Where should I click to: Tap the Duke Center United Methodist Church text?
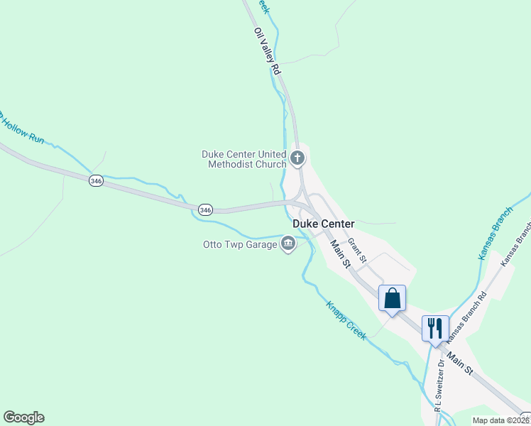243,159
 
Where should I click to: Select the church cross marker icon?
298,158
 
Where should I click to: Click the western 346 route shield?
97,181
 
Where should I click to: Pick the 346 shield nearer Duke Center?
205,209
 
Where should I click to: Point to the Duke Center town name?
323,224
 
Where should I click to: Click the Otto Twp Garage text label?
240,245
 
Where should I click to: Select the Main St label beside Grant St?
341,253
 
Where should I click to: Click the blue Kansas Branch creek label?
495,234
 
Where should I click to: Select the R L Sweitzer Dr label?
439,384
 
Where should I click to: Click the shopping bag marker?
392,298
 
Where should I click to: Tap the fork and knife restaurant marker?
434,328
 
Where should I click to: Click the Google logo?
23,417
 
